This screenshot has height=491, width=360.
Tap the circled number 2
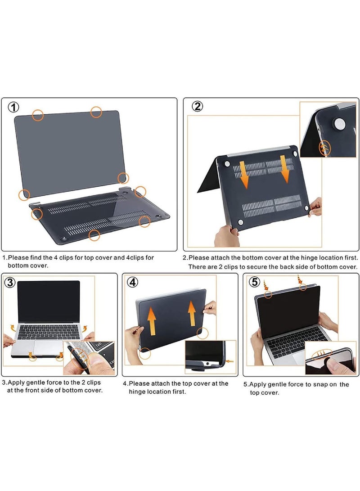point(198,106)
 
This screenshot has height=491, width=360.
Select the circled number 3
point(10,282)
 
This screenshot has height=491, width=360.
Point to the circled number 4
point(131,282)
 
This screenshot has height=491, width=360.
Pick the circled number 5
point(255,282)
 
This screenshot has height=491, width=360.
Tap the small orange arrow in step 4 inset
point(231,361)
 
